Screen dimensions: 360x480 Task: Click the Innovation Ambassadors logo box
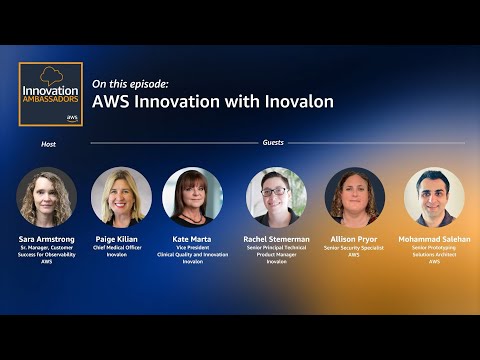click(51, 94)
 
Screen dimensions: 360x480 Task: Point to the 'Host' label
click(48, 144)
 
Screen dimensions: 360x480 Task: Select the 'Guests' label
click(273, 143)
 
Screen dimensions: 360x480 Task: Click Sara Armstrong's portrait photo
click(47, 196)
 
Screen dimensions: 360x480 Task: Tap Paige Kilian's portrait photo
click(121, 196)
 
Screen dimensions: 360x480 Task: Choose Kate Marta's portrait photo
click(192, 196)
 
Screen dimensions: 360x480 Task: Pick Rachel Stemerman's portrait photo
click(277, 196)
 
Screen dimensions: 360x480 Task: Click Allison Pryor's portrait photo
click(355, 196)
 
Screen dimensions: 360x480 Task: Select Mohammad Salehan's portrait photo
click(434, 196)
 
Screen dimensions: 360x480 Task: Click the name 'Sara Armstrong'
click(47, 239)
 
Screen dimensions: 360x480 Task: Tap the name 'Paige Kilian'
click(117, 239)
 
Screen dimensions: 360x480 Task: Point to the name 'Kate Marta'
click(192, 239)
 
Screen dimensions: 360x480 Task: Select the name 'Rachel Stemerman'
click(277, 239)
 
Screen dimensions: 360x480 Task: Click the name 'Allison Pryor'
click(355, 239)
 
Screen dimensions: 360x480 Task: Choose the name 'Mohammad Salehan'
click(434, 239)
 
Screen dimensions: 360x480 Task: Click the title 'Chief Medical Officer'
click(117, 247)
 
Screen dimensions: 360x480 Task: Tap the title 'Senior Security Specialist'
click(355, 247)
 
